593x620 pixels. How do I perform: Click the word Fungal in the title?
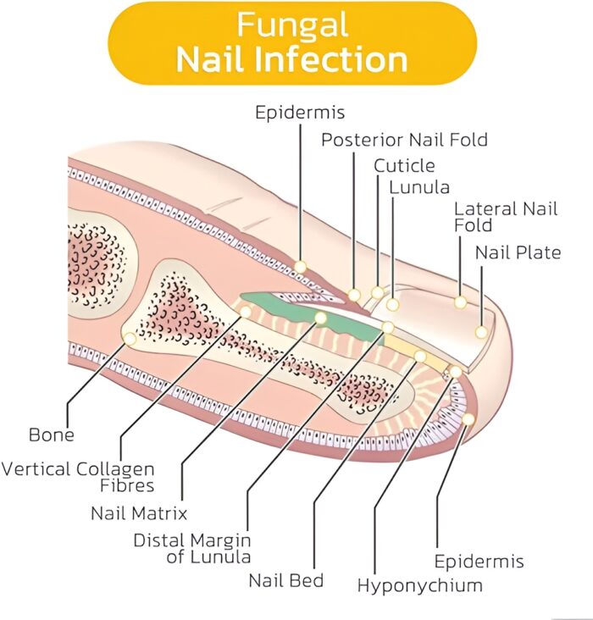tap(292, 25)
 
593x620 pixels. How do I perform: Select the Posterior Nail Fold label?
tap(404, 140)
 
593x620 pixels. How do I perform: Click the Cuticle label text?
tap(404, 165)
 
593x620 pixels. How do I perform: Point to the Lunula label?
tap(419, 187)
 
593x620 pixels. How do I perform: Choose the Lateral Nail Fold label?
tap(506, 217)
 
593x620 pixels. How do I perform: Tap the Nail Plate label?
tap(518, 252)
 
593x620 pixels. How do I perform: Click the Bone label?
tap(52, 435)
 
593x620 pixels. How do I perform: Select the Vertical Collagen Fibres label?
tap(78, 477)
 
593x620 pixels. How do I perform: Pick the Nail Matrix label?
tap(139, 512)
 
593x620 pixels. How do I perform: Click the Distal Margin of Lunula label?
tap(192, 548)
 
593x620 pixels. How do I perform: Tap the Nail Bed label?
tap(285, 581)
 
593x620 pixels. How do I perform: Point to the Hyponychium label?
tap(419, 585)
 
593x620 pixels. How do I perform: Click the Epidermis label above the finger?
tap(300, 112)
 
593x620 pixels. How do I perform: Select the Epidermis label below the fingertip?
tap(479, 561)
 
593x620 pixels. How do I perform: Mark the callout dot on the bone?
tap(130, 339)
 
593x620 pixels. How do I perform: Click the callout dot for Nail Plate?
tap(481, 333)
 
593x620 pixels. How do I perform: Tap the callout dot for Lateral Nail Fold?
tap(460, 302)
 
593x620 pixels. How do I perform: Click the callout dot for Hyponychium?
tap(455, 372)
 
